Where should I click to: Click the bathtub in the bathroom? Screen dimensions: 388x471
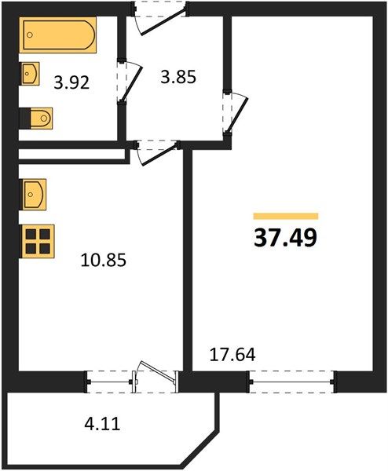click(57, 35)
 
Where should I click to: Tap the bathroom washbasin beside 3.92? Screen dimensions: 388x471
click(29, 73)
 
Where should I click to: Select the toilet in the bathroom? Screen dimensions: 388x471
click(37, 119)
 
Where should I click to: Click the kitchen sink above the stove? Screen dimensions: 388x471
click(33, 195)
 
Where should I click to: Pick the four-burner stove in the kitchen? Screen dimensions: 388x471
click(37, 241)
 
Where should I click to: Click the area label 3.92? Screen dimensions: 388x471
click(71, 82)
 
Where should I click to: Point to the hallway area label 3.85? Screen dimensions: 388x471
click(178, 77)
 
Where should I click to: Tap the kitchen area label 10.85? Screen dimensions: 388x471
click(104, 260)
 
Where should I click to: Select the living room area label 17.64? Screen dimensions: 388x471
click(232, 355)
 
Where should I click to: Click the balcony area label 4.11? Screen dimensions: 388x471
click(102, 424)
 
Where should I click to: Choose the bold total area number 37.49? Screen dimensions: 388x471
click(286, 238)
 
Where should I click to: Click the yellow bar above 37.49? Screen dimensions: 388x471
click(286, 216)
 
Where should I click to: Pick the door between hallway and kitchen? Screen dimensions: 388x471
click(158, 152)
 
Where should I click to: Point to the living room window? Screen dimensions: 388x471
click(291, 382)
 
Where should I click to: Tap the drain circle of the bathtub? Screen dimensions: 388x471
click(29, 35)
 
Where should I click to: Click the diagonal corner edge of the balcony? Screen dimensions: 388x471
click(199, 448)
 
